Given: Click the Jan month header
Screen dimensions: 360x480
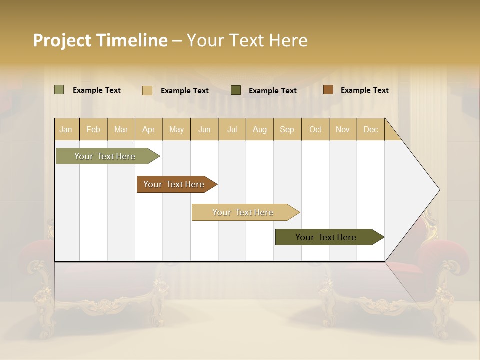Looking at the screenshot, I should [x=66, y=129].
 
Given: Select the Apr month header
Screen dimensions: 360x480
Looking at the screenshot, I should [x=149, y=129].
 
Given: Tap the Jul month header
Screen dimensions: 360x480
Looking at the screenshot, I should [x=232, y=129].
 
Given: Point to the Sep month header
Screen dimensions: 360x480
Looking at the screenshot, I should [x=287, y=129].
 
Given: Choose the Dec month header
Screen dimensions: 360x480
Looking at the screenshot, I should [x=370, y=129].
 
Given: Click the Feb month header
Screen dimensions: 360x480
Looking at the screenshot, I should [x=93, y=129].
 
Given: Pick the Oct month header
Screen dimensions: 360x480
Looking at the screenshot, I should [x=315, y=129].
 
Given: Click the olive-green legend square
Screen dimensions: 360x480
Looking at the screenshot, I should [x=59, y=90].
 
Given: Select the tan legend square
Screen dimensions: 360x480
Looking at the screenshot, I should [x=147, y=90].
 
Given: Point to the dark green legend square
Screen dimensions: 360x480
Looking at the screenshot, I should [x=236, y=90].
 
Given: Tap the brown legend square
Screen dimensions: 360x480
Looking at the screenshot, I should [x=328, y=90].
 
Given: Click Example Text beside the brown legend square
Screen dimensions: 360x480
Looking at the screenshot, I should [x=364, y=90].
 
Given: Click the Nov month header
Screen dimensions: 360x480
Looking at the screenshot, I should [x=343, y=129].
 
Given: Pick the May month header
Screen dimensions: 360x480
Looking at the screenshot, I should [x=176, y=129].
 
